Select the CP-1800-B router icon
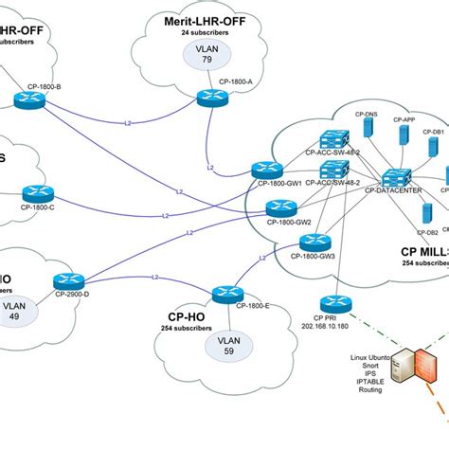pos(25,99)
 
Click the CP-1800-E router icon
pos(224,293)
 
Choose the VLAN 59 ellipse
pos(229,344)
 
